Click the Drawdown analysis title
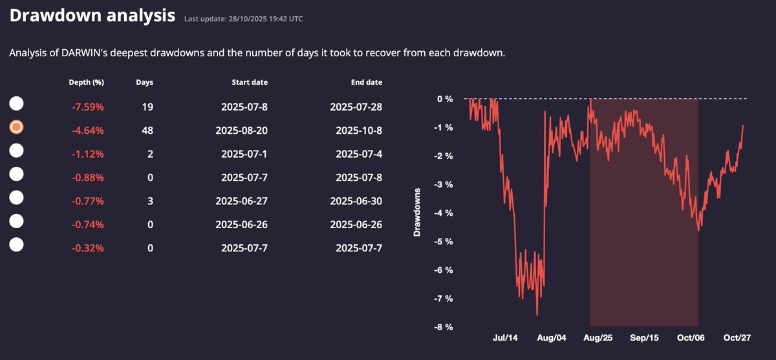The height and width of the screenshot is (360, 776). tap(92, 16)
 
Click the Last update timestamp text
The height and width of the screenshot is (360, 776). tap(243, 19)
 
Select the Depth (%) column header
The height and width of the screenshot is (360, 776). tap(86, 82)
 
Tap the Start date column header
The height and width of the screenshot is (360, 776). tap(250, 82)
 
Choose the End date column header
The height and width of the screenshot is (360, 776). tap(365, 82)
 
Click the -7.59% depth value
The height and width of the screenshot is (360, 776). tap(87, 107)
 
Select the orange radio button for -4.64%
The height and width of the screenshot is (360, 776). tap(17, 127)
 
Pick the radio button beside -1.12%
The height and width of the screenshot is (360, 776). tap(17, 151)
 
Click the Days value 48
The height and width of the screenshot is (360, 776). tap(147, 130)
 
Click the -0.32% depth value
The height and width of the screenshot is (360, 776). tap(87, 248)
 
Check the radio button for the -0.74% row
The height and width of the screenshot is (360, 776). tap(17, 221)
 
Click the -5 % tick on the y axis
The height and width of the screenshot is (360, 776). tap(444, 242)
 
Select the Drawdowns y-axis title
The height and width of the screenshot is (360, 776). tap(417, 213)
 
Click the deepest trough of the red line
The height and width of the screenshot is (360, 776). tap(537, 315)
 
